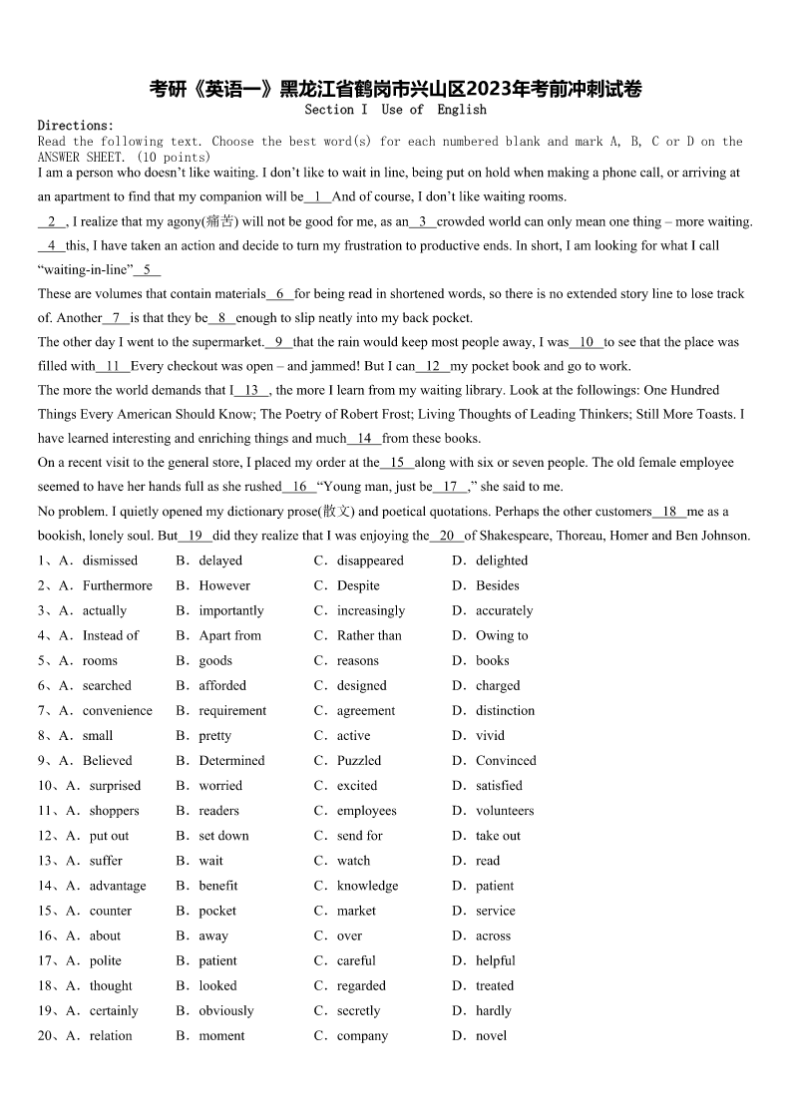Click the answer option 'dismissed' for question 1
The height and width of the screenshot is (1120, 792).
click(x=110, y=560)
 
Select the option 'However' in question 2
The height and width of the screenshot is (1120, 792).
click(x=224, y=585)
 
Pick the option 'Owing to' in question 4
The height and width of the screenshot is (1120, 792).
click(x=502, y=635)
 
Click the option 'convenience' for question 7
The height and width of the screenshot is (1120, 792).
click(x=118, y=710)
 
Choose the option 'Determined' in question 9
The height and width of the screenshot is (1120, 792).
click(x=231, y=760)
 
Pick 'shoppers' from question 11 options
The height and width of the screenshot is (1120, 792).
click(x=115, y=811)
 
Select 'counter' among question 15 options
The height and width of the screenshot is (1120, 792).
click(x=111, y=911)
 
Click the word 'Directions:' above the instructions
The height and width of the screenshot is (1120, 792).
click(x=76, y=126)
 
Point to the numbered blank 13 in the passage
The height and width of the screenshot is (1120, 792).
click(x=251, y=390)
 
